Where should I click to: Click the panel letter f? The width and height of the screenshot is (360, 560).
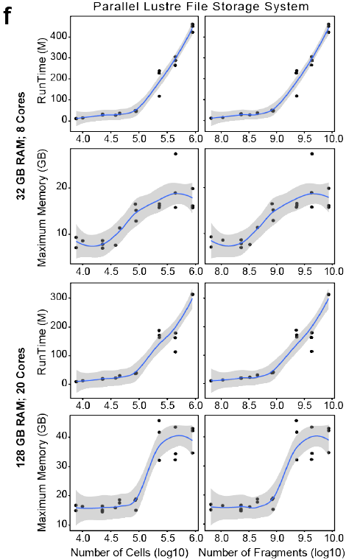coord(10,15)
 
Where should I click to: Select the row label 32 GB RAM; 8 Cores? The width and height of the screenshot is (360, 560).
coord(21,146)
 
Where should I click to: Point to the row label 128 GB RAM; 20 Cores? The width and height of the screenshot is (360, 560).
coord(21,407)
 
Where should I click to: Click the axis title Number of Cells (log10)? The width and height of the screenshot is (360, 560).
coord(130,552)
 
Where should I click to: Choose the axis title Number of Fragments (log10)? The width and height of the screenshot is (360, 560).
coord(272,552)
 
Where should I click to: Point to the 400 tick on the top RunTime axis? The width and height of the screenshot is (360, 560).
coord(59,36)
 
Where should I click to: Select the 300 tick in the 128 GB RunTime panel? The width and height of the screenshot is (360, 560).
coord(59,298)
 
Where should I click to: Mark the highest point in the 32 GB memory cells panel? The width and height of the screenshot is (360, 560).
coord(175,154)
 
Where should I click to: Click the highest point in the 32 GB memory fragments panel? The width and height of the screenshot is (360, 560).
coord(312,154)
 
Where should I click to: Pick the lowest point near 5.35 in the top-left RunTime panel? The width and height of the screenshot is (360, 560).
coord(159,96)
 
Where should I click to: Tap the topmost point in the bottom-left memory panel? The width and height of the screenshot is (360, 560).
coord(159,421)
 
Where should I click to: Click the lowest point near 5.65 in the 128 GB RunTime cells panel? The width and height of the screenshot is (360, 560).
coord(175,351)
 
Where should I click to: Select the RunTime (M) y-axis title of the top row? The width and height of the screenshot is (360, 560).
coord(42,70)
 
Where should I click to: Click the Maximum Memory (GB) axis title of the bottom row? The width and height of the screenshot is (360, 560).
coord(42,472)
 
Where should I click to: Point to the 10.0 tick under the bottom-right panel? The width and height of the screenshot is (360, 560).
coord(333,538)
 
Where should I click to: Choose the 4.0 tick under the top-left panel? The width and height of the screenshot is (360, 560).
coord(82,139)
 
